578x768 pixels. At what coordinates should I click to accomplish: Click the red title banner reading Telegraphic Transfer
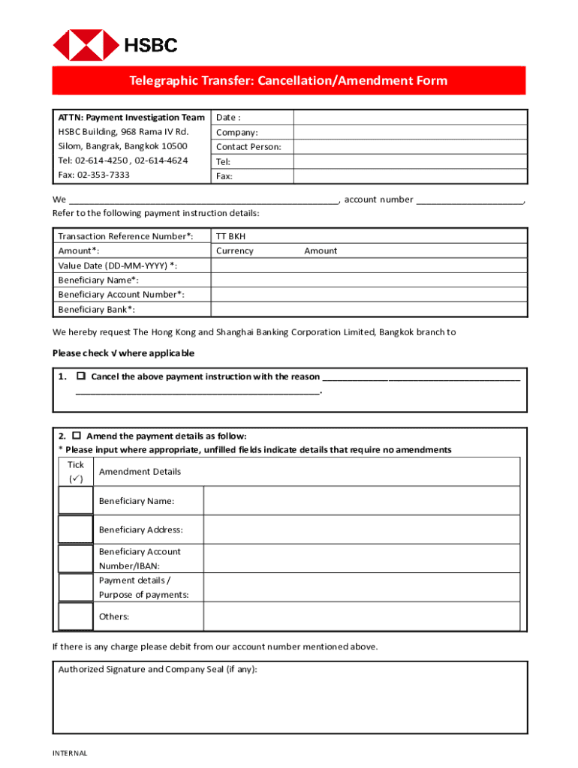(x=288, y=81)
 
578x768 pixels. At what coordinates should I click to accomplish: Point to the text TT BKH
(x=230, y=236)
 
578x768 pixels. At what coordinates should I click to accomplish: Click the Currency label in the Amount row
(x=235, y=251)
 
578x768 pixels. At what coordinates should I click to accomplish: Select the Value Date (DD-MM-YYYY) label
(x=118, y=265)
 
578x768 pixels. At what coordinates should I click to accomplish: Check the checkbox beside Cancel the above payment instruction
(x=81, y=376)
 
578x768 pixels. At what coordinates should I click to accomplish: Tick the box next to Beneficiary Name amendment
(x=76, y=500)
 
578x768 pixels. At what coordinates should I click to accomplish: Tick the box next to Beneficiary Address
(x=76, y=529)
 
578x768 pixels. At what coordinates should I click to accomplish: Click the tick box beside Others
(x=76, y=616)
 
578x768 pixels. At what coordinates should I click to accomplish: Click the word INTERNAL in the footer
(x=70, y=753)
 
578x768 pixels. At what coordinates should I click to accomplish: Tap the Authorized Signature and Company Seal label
(x=158, y=670)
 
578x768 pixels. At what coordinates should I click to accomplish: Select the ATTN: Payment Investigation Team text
(x=131, y=118)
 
